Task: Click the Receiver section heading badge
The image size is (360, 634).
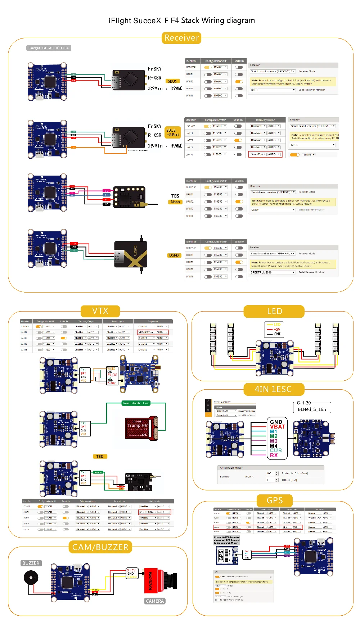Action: [181, 38]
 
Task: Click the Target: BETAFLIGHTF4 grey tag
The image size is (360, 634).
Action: [49, 48]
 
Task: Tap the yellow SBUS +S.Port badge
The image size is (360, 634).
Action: [173, 132]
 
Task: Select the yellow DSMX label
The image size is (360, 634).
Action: [174, 255]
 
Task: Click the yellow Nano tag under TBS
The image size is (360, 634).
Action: [175, 202]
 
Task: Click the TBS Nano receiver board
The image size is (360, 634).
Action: [129, 197]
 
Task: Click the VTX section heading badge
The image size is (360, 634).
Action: [100, 311]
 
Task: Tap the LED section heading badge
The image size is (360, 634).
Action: [274, 311]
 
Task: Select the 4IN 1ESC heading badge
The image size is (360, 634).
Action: [273, 389]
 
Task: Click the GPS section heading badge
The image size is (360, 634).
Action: [275, 500]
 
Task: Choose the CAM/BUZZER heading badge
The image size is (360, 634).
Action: [100, 547]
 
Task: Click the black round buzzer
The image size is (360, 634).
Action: [31, 578]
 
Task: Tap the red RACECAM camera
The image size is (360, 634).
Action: [158, 580]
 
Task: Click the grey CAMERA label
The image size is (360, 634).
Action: [155, 601]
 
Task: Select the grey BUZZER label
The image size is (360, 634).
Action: [31, 563]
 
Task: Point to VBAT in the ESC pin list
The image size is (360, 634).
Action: [277, 427]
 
